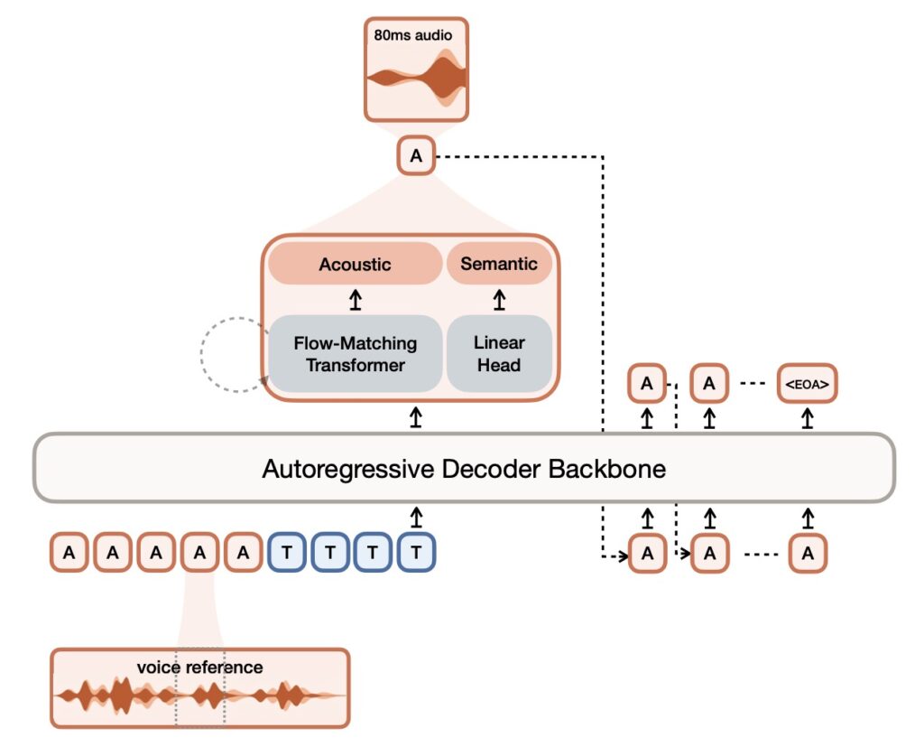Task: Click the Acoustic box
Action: tap(355, 265)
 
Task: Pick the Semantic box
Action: tap(499, 264)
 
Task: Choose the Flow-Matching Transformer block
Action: tap(355, 354)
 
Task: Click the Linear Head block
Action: tap(499, 354)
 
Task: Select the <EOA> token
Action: tap(807, 384)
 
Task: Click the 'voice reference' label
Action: tap(199, 668)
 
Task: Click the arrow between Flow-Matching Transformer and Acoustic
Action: tap(355, 301)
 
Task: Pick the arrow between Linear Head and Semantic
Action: tap(499, 301)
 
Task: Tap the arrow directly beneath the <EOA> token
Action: tap(808, 417)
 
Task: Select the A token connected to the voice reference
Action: tap(199, 552)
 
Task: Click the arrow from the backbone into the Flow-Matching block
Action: tap(415, 416)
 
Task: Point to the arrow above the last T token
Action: tap(415, 517)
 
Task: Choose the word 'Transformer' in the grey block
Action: tap(355, 365)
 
